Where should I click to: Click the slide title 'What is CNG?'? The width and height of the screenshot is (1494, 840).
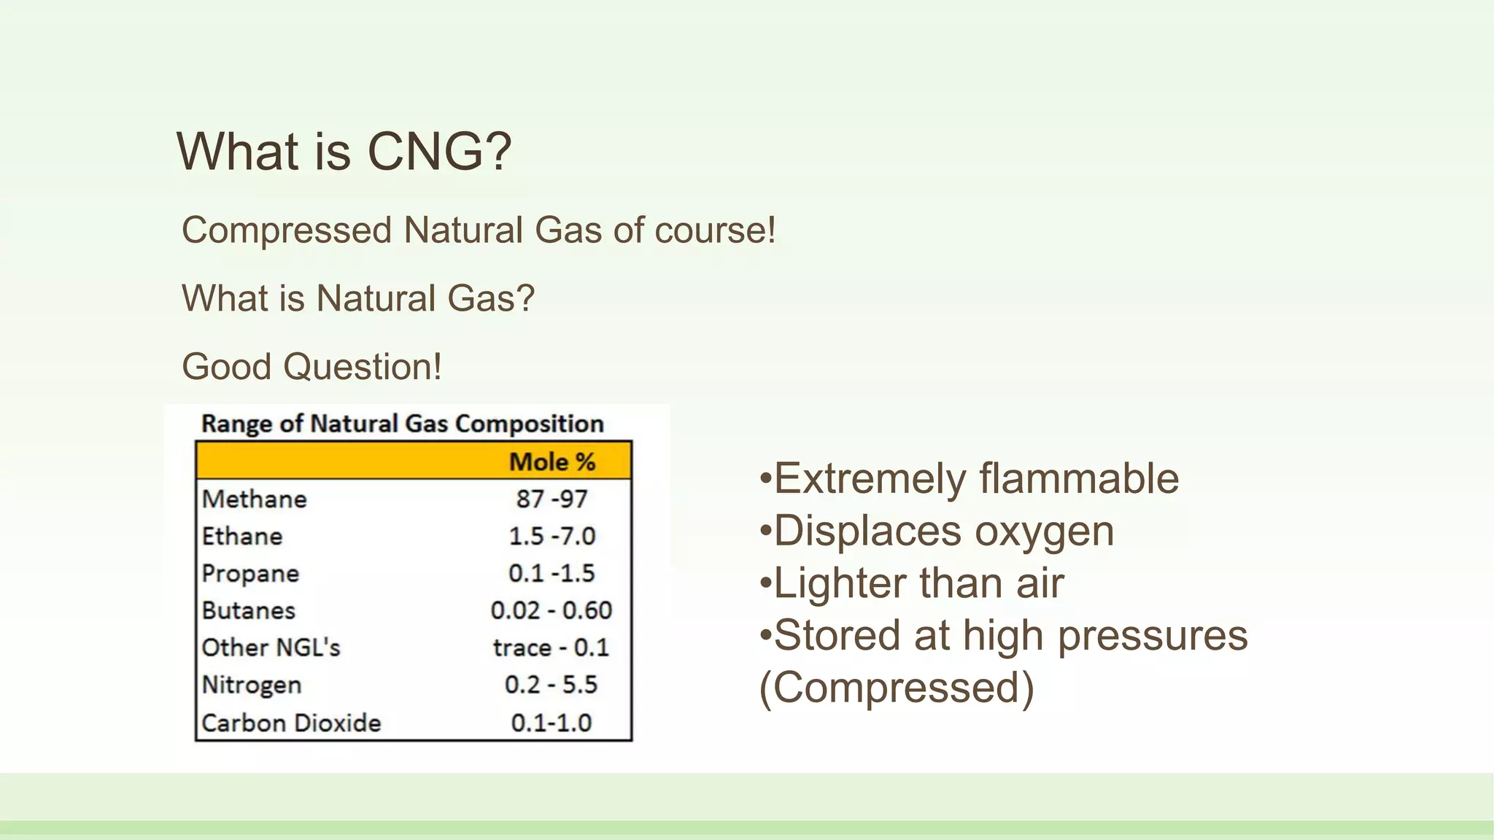pos(344,152)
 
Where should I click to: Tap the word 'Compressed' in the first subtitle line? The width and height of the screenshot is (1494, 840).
pos(287,230)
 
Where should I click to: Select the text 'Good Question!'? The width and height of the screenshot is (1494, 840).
pos(311,366)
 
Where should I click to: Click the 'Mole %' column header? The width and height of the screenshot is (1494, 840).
pos(551,462)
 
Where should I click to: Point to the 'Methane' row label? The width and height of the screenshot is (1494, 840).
pos(255,499)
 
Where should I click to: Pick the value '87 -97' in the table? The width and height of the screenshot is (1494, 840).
pos(551,499)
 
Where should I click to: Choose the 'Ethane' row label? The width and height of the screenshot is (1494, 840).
pos(242,536)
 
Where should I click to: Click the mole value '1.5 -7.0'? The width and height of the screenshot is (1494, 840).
pos(551,536)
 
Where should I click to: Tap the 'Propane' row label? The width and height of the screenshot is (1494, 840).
pos(250,574)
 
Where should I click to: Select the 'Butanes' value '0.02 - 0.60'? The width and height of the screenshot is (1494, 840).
pos(551,610)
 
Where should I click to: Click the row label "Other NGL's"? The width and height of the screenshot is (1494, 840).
pos(271,647)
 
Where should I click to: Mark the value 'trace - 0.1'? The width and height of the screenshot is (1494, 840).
pos(551,647)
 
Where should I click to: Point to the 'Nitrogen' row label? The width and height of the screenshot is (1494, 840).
pos(252,685)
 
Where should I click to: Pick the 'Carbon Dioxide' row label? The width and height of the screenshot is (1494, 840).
pos(291,723)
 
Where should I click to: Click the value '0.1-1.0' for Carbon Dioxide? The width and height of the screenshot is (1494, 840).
pos(551,723)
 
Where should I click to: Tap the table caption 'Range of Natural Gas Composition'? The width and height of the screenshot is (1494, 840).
pos(403,424)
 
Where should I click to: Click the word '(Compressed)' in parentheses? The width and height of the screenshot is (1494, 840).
pos(897,688)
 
